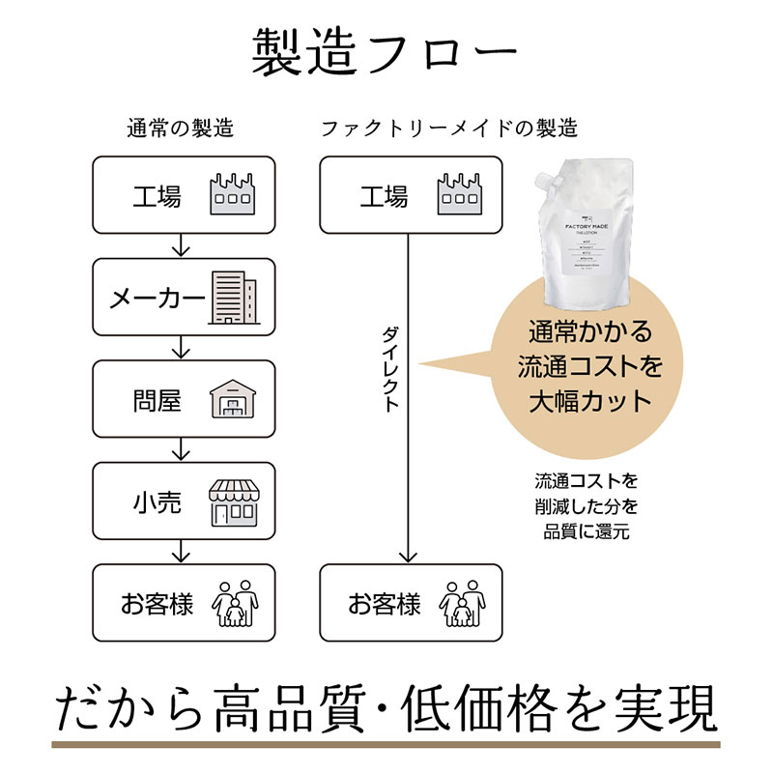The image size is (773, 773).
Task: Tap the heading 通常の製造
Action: [180, 128]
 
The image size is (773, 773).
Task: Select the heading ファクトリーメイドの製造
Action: [448, 128]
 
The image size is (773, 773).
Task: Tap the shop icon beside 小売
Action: [233, 501]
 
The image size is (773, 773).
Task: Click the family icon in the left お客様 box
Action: [234, 603]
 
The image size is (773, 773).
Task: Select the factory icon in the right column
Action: [460, 194]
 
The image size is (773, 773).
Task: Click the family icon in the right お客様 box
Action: [461, 603]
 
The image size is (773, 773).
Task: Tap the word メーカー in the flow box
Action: [157, 298]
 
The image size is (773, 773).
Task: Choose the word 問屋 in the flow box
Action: [157, 400]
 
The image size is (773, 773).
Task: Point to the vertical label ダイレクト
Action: [389, 369]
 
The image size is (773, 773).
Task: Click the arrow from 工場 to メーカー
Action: [180, 245]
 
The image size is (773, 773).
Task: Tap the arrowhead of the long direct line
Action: [408, 556]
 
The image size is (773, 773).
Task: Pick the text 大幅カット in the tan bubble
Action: [590, 398]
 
